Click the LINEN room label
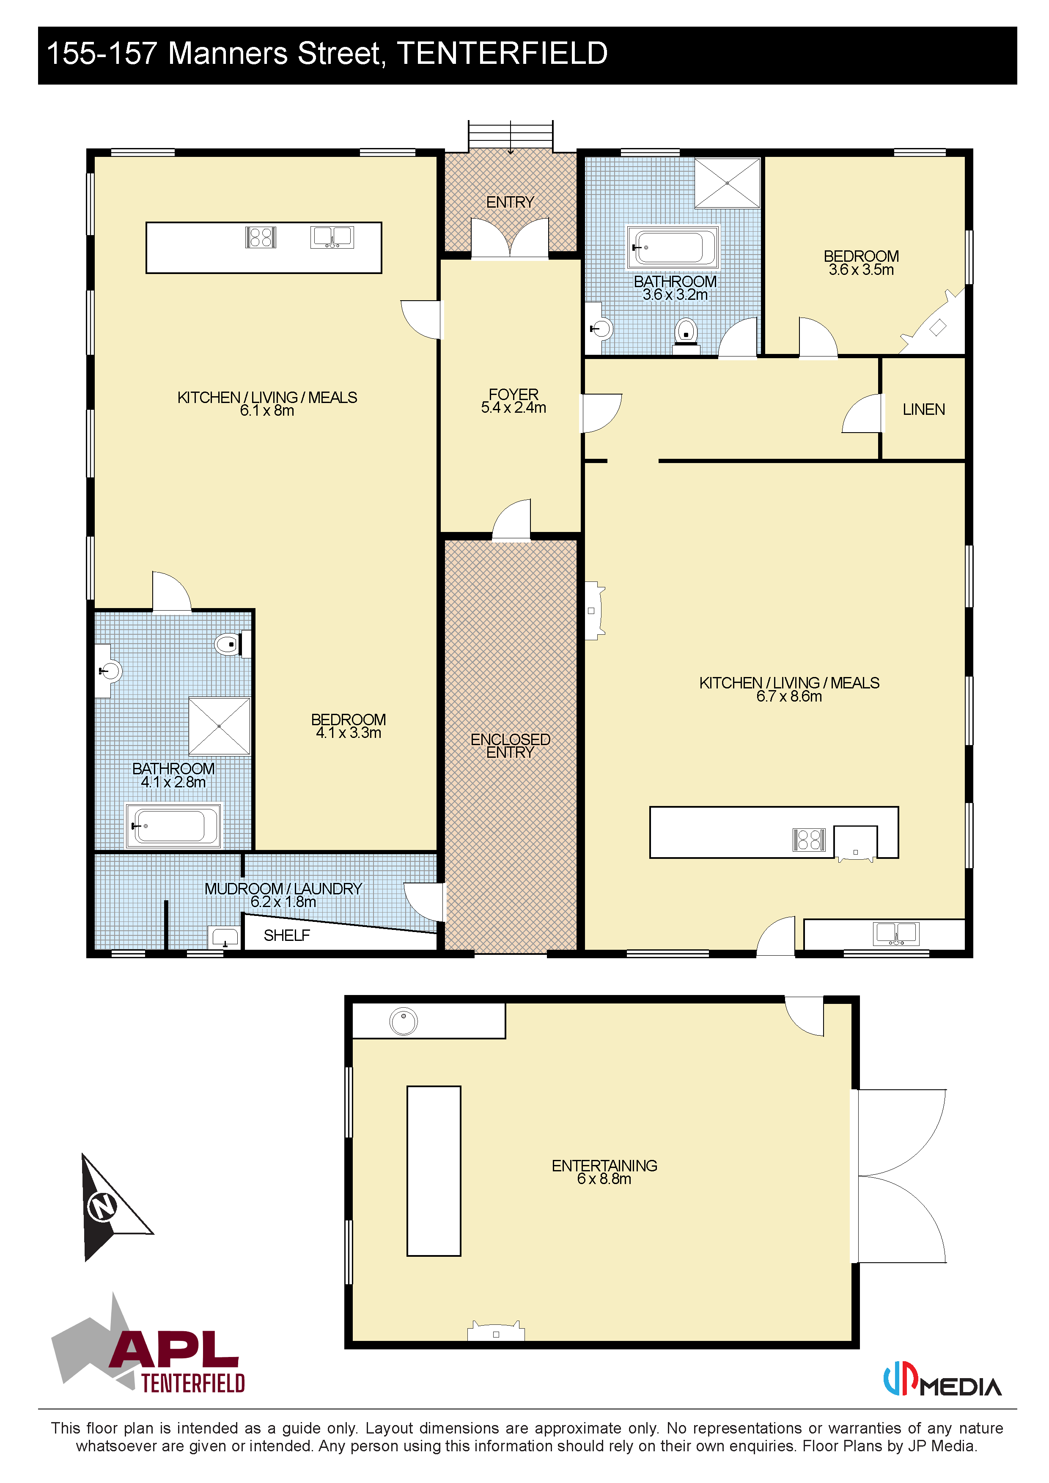click(x=924, y=409)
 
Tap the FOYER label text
click(x=514, y=394)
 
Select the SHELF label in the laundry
click(x=287, y=935)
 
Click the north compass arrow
click(x=110, y=1206)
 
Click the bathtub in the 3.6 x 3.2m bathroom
click(x=673, y=247)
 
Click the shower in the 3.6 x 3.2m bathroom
click(x=728, y=184)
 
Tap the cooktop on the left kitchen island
click(x=261, y=237)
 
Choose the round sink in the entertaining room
click(x=404, y=1022)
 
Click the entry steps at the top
click(x=510, y=136)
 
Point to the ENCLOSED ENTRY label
click(x=510, y=746)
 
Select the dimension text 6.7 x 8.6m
click(x=789, y=696)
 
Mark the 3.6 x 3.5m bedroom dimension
click(x=861, y=270)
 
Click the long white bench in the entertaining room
click(x=434, y=1171)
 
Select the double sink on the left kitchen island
click(x=332, y=237)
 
